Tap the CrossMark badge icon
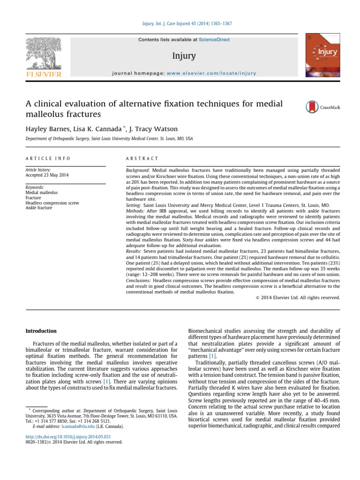[311, 107]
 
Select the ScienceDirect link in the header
[214, 40]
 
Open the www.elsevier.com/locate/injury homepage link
[211, 74]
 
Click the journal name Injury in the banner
[184, 56]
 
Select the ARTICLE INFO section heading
[45, 159]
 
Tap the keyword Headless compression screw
[52, 203]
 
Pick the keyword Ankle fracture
[39, 208]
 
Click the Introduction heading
[41, 330]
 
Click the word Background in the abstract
[138, 170]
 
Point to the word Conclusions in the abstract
[139, 280]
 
